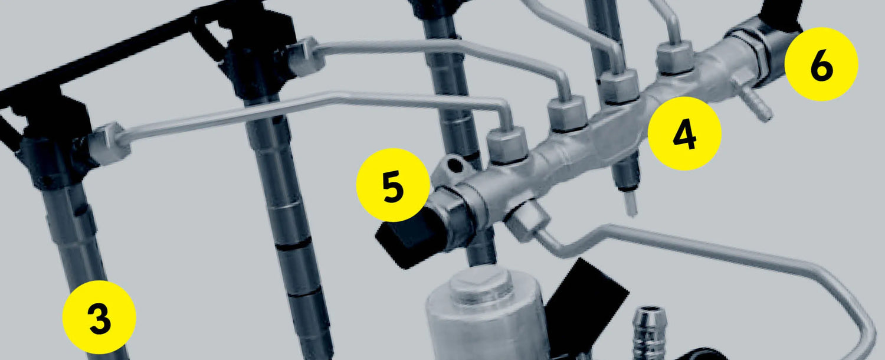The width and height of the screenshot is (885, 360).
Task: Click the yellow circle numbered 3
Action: click(99, 318)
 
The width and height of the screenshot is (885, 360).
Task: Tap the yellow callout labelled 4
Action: click(684, 134)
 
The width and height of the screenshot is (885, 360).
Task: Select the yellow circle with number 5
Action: click(393, 186)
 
